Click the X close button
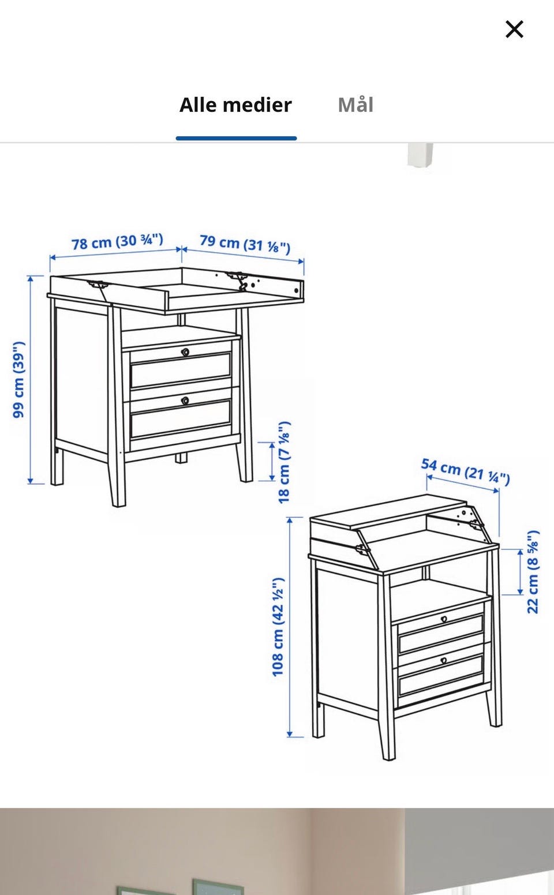(x=514, y=29)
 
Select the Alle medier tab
(x=235, y=105)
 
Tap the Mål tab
(x=355, y=104)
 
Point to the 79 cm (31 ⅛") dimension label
(x=245, y=244)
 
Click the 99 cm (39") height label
(x=18, y=380)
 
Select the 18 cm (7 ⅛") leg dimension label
(x=284, y=462)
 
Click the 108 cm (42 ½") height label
(x=278, y=627)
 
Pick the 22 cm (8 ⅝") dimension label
(x=533, y=572)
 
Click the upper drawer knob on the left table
(x=185, y=352)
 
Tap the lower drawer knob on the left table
(x=185, y=400)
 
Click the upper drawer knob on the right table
(x=444, y=619)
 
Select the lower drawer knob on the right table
(x=443, y=661)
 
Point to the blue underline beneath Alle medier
(x=236, y=138)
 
